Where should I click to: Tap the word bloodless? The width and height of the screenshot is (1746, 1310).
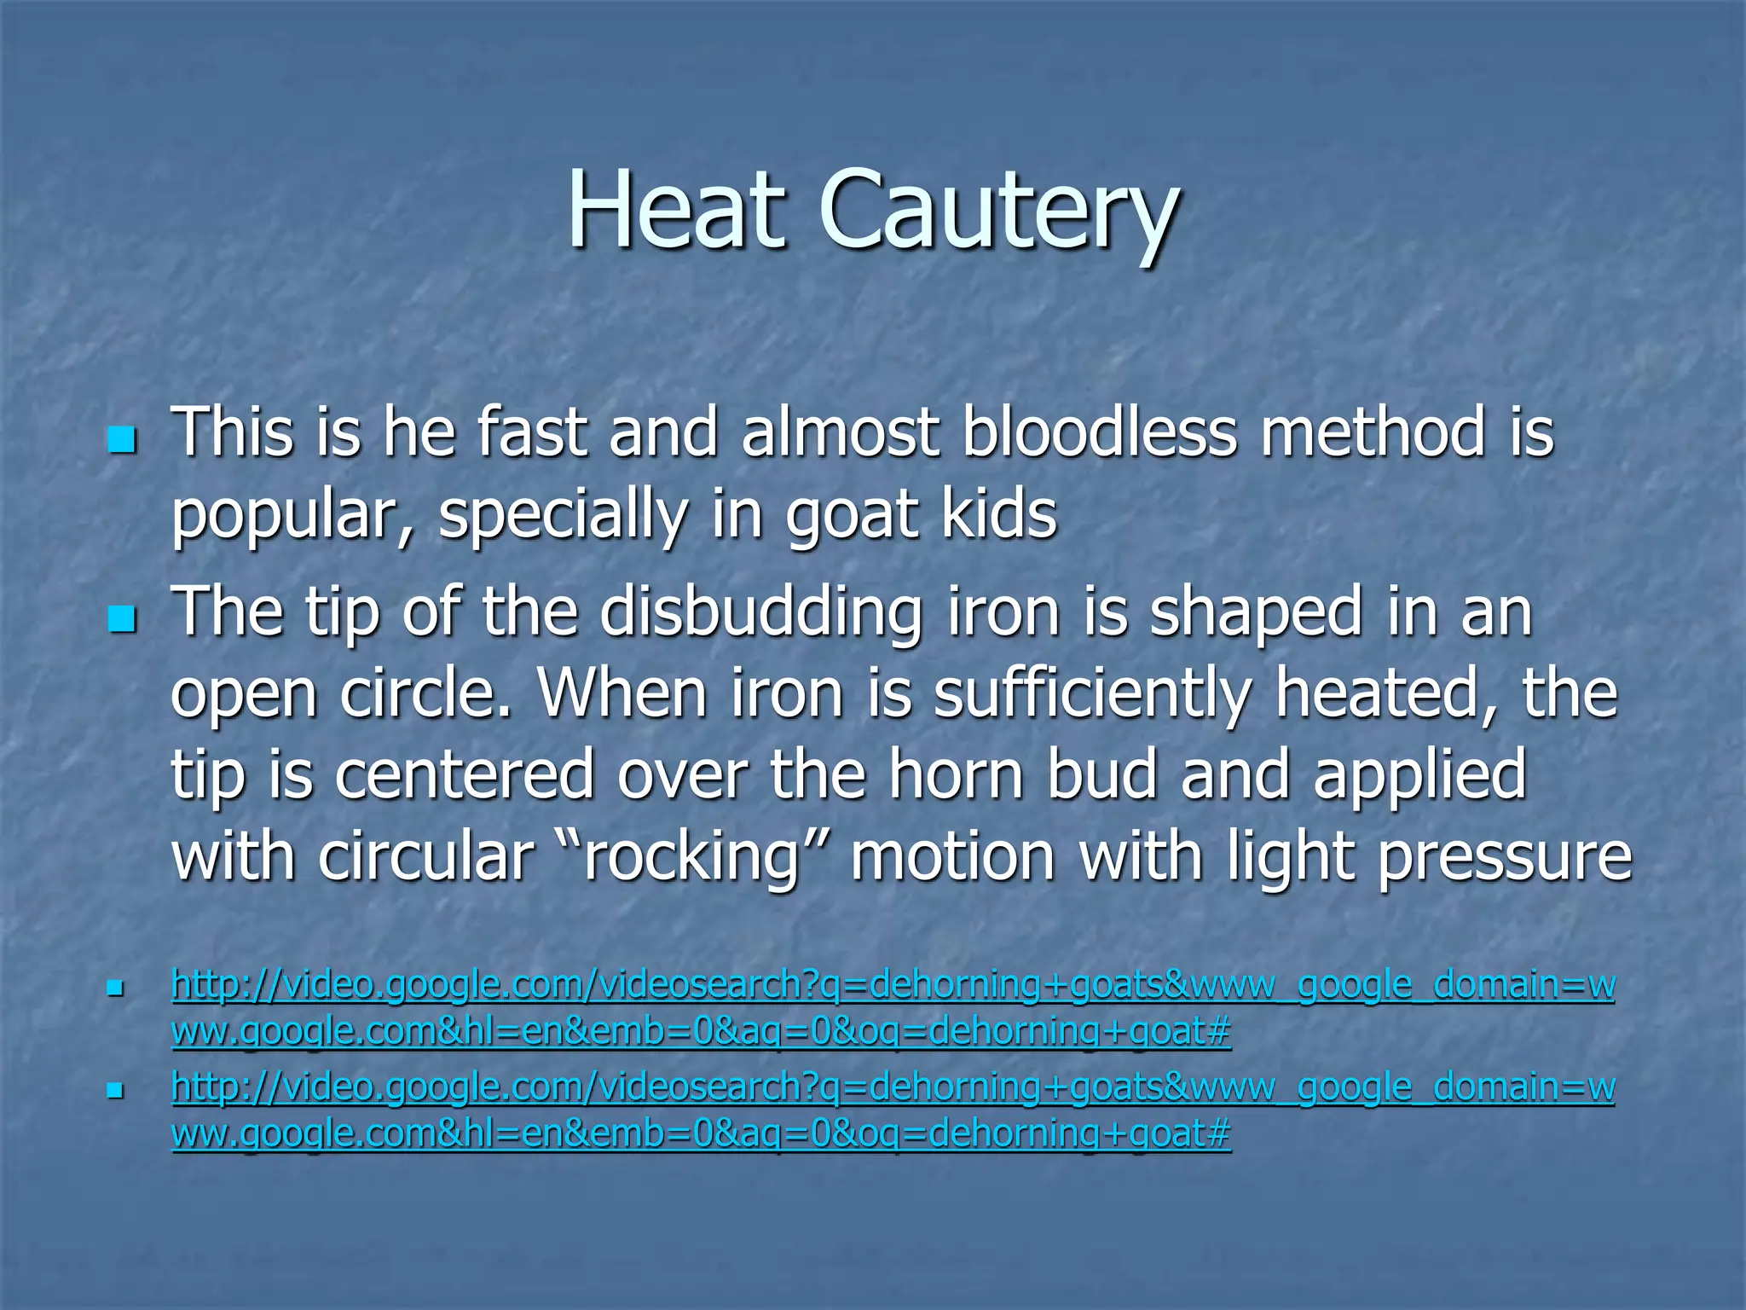(x=1099, y=432)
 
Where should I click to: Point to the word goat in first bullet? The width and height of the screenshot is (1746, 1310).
(x=853, y=517)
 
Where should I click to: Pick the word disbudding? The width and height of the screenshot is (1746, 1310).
(x=760, y=612)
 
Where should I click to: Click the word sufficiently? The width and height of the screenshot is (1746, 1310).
(x=1092, y=696)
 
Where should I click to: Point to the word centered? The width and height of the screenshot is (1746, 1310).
(x=464, y=774)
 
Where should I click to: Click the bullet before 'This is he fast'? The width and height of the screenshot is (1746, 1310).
(x=123, y=440)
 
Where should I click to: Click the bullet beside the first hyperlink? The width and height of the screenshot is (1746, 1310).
(x=117, y=989)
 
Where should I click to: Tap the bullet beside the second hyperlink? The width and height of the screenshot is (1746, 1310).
(x=117, y=1091)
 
